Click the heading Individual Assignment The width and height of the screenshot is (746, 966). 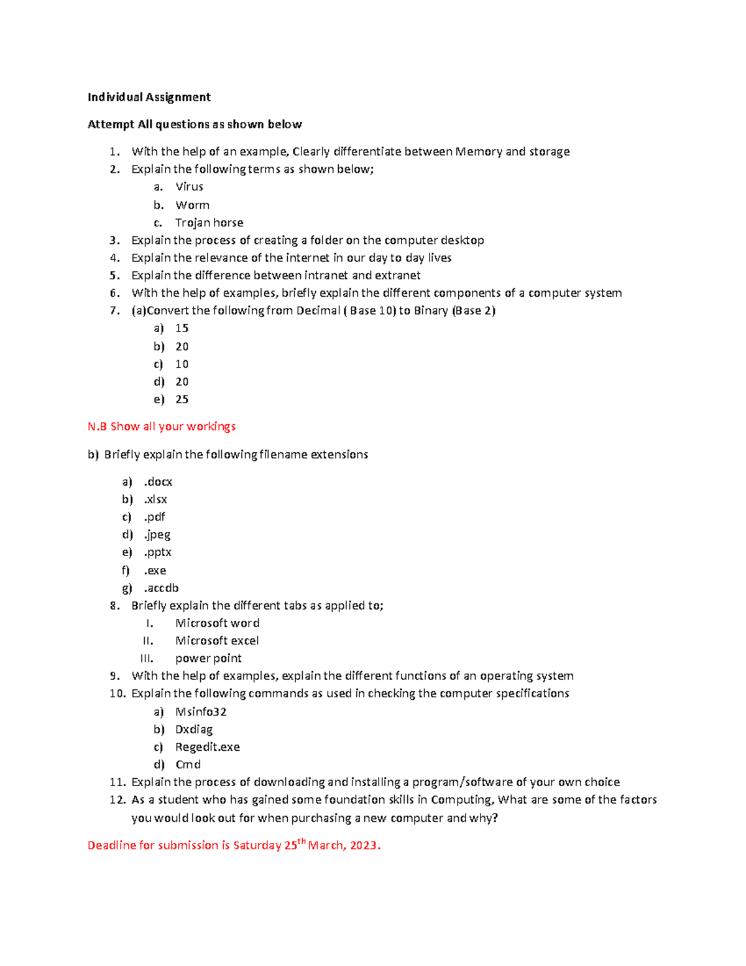tap(149, 97)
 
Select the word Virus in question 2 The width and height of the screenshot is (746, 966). tap(189, 187)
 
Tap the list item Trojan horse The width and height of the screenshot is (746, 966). tap(209, 223)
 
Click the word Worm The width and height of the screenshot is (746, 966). tap(192, 205)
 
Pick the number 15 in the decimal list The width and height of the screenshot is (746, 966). tap(182, 328)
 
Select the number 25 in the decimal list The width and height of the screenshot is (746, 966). tap(182, 399)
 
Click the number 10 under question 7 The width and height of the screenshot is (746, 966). tap(182, 364)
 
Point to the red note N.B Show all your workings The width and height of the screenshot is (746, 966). tap(162, 427)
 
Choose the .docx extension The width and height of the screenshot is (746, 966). tap(158, 482)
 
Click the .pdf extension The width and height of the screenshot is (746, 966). tap(154, 517)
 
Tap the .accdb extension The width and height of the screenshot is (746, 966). tap(161, 588)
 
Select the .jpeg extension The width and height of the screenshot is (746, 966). tap(157, 535)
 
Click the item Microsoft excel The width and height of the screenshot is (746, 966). tap(217, 641)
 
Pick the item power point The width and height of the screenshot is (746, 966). tap(208, 658)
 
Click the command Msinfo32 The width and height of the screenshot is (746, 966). tap(201, 712)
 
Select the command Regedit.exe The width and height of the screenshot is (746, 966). tap(207, 747)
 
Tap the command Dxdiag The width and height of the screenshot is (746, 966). tap(193, 729)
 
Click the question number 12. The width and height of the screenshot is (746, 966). tap(117, 800)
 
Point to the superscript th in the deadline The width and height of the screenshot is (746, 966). tap(302, 841)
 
